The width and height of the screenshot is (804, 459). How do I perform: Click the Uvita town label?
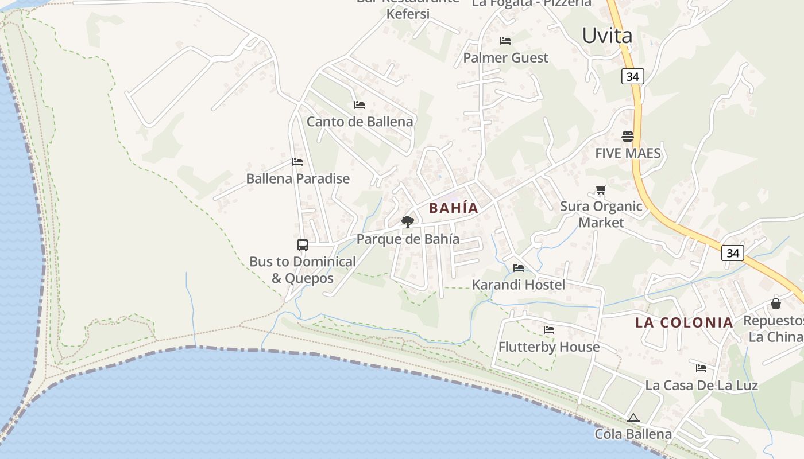pyautogui.click(x=607, y=36)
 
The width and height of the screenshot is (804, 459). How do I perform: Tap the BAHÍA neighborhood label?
pyautogui.click(x=453, y=208)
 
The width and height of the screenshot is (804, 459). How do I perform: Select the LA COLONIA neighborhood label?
pyautogui.click(x=684, y=322)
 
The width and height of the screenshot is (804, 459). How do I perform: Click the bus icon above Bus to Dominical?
pyautogui.click(x=303, y=245)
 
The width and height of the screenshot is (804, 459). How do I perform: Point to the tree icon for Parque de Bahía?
pyautogui.click(x=408, y=222)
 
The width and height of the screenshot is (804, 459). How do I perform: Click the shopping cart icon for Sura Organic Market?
pyautogui.click(x=601, y=190)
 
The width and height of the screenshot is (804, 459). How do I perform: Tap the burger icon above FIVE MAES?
pyautogui.click(x=627, y=137)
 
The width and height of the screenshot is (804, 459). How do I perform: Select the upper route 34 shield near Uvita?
pyautogui.click(x=632, y=76)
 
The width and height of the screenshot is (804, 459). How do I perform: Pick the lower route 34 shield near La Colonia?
pyautogui.click(x=733, y=252)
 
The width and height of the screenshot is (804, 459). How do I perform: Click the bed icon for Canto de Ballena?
pyautogui.click(x=360, y=105)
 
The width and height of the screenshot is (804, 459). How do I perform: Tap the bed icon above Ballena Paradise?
pyautogui.click(x=297, y=162)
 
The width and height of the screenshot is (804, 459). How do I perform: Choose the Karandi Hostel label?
pyautogui.click(x=518, y=285)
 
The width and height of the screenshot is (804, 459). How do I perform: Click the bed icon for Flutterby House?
pyautogui.click(x=549, y=330)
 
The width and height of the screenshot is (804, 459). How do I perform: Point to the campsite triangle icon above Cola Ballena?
pyautogui.click(x=633, y=418)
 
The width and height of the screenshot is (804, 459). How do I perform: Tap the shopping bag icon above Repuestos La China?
pyautogui.click(x=776, y=304)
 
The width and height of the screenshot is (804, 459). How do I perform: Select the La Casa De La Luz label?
pyautogui.click(x=701, y=385)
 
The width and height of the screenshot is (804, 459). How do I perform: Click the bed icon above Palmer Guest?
pyautogui.click(x=505, y=41)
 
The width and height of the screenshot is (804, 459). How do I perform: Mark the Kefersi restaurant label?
pyautogui.click(x=408, y=13)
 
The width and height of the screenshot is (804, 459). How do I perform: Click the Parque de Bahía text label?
pyautogui.click(x=408, y=239)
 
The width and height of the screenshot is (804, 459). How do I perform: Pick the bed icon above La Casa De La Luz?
pyautogui.click(x=701, y=368)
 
